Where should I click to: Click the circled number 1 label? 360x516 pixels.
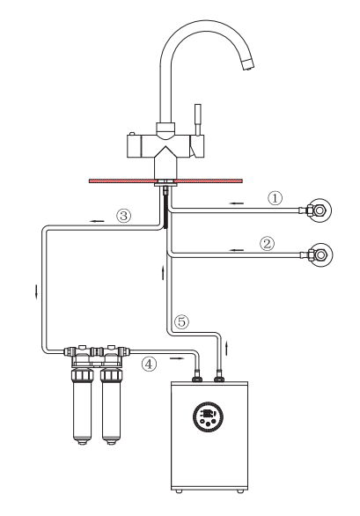point(276,198)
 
